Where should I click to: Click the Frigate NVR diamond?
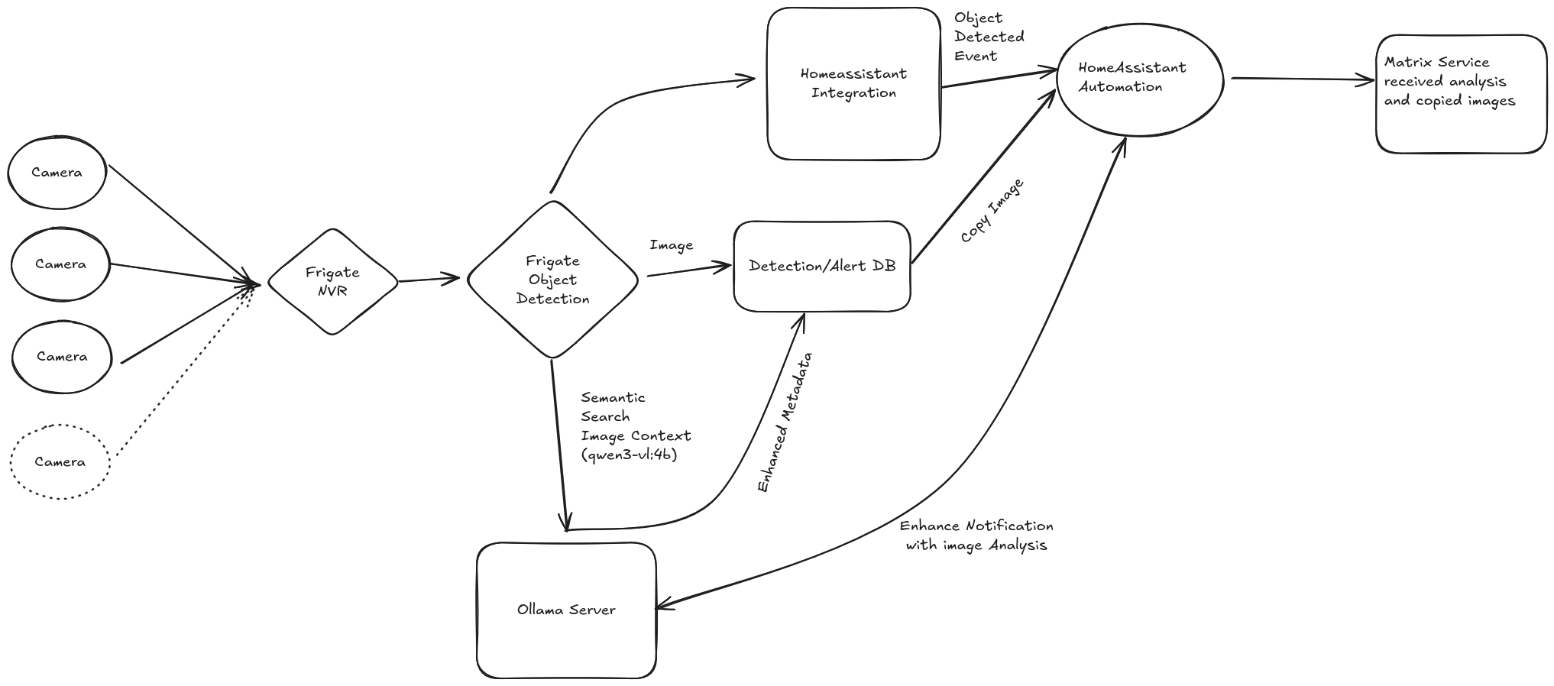333,281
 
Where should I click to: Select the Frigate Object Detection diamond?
552,280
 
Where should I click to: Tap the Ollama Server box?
566,610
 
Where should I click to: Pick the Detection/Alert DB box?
822,266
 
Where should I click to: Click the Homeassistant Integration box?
853,83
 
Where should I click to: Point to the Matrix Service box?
1461,94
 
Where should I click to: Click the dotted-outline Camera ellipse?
60,461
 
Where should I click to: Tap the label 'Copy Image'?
992,211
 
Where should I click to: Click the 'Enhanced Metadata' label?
785,422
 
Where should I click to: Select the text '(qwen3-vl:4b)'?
629,455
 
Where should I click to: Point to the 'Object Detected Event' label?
989,37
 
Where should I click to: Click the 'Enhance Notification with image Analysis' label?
976,536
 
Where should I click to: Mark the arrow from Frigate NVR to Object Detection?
429,280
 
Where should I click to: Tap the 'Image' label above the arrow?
672,245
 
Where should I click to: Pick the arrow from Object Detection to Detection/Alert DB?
689,270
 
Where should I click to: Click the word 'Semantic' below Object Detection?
613,397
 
